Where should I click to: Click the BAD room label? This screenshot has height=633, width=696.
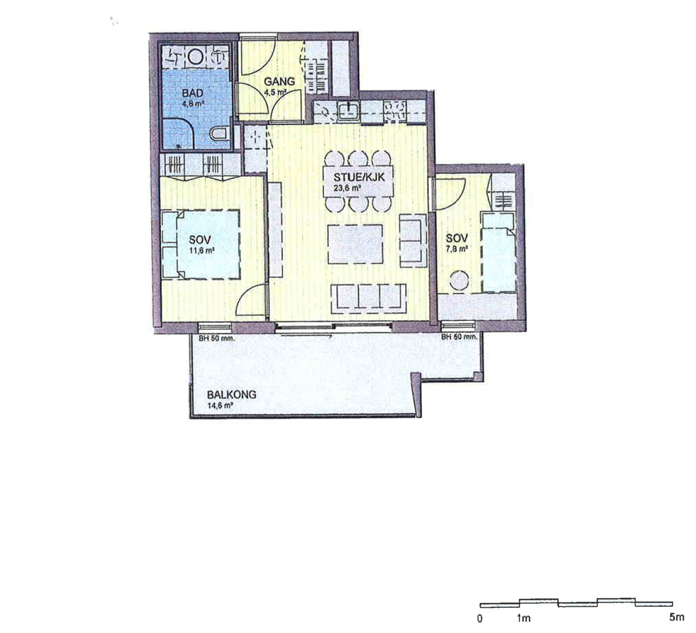pos(192,93)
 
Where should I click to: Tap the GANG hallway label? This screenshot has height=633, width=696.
pos(279,82)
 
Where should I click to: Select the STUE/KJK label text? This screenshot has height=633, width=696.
pos(359,177)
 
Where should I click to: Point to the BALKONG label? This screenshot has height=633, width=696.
pos(231,395)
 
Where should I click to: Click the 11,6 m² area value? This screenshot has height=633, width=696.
pos(201,250)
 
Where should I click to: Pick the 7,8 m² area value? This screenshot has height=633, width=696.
pos(457,249)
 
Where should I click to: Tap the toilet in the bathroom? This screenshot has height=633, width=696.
pos(220,133)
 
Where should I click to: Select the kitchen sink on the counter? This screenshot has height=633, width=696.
pos(349,111)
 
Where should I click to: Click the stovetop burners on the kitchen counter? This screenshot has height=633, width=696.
pos(395,111)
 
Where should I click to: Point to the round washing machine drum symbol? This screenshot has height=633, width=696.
pos(196,57)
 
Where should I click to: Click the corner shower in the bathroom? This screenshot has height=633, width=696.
pos(179,134)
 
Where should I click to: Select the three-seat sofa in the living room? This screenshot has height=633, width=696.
pos(368,298)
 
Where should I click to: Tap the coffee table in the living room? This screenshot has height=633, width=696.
pos(355,244)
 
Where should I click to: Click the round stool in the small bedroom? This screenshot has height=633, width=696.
pos(459,280)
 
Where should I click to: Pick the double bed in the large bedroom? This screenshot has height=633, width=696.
pos(201,244)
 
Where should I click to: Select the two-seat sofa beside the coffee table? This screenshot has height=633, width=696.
pos(413,241)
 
